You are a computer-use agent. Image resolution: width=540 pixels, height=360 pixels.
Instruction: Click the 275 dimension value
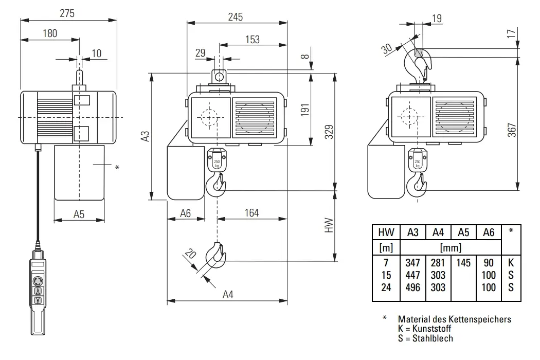(67, 14)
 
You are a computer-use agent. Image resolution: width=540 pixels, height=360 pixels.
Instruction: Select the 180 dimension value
(49, 33)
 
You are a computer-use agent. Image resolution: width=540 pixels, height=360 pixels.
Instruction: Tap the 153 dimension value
(252, 39)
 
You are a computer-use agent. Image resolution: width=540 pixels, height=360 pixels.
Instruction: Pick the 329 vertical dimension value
(329, 132)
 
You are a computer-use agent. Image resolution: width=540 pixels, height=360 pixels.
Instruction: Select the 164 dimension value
(251, 212)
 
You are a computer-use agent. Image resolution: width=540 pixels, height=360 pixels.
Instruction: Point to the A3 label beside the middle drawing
(146, 136)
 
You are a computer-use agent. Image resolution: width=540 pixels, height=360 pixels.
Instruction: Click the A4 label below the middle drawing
(228, 295)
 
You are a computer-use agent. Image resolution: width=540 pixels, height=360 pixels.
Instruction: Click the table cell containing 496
(413, 287)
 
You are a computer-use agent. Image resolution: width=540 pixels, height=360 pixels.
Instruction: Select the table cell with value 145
(463, 263)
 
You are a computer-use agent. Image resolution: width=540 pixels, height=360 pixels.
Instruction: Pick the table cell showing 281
(438, 263)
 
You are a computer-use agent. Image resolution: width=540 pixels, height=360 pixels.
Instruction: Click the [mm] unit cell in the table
(451, 248)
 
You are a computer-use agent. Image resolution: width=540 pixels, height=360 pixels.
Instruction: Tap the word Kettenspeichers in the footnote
(481, 319)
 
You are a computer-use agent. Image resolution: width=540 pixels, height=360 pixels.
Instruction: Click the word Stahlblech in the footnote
(433, 338)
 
